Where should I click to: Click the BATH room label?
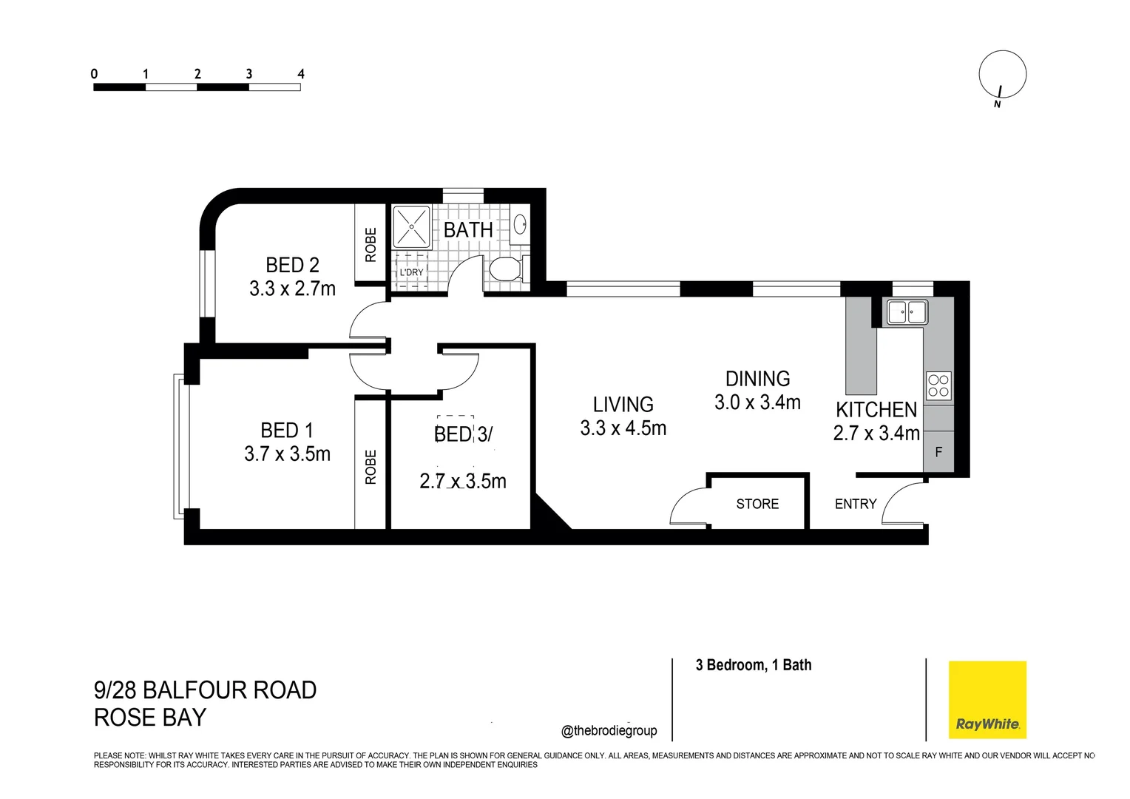pyautogui.click(x=468, y=230)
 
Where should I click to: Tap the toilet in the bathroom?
pyautogui.click(x=506, y=269)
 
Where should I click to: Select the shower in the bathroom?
pyautogui.click(x=410, y=226)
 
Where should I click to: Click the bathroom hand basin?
pyautogui.click(x=520, y=224)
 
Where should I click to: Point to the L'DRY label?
pyautogui.click(x=411, y=272)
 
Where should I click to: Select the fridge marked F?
pyautogui.click(x=938, y=451)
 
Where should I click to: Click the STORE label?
pyautogui.click(x=757, y=504)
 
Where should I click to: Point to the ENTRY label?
pyautogui.click(x=856, y=504)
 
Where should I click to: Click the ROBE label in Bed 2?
pyautogui.click(x=371, y=244)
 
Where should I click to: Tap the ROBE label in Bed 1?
pyautogui.click(x=371, y=467)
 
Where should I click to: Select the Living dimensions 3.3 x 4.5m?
pyautogui.click(x=623, y=428)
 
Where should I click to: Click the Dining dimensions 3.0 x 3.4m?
pyautogui.click(x=757, y=402)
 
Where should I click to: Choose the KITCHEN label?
pyautogui.click(x=876, y=410)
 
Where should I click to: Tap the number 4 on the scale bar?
pyautogui.click(x=300, y=74)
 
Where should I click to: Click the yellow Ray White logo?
pyautogui.click(x=987, y=700)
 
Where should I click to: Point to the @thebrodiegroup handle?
pyautogui.click(x=609, y=731)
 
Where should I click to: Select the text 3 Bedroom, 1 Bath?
pyautogui.click(x=753, y=665)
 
